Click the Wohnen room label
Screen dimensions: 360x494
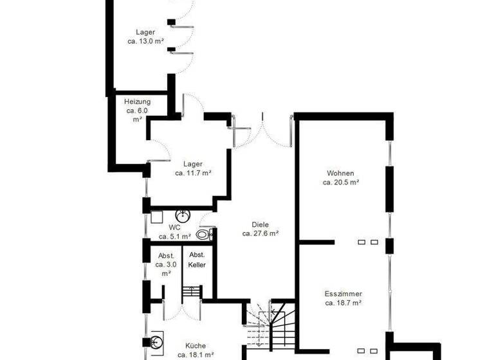coord(340,173)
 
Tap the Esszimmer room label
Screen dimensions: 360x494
coord(343,293)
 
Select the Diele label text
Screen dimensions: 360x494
coord(260,225)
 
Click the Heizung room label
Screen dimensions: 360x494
coord(137,102)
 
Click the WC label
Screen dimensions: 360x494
coord(175,228)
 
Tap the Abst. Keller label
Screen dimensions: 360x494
coord(197,260)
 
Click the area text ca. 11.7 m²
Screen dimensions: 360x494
coord(193,173)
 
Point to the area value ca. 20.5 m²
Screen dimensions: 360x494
coord(340,182)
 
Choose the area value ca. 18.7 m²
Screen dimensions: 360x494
coord(343,302)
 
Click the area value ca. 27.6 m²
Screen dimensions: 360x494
coord(260,234)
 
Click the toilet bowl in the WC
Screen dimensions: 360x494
coord(203,235)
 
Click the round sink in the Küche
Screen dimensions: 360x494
coord(156,341)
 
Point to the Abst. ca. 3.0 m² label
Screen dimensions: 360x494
coord(165,264)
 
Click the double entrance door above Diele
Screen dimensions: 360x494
coord(262,132)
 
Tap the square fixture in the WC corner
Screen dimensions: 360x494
coord(157,217)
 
